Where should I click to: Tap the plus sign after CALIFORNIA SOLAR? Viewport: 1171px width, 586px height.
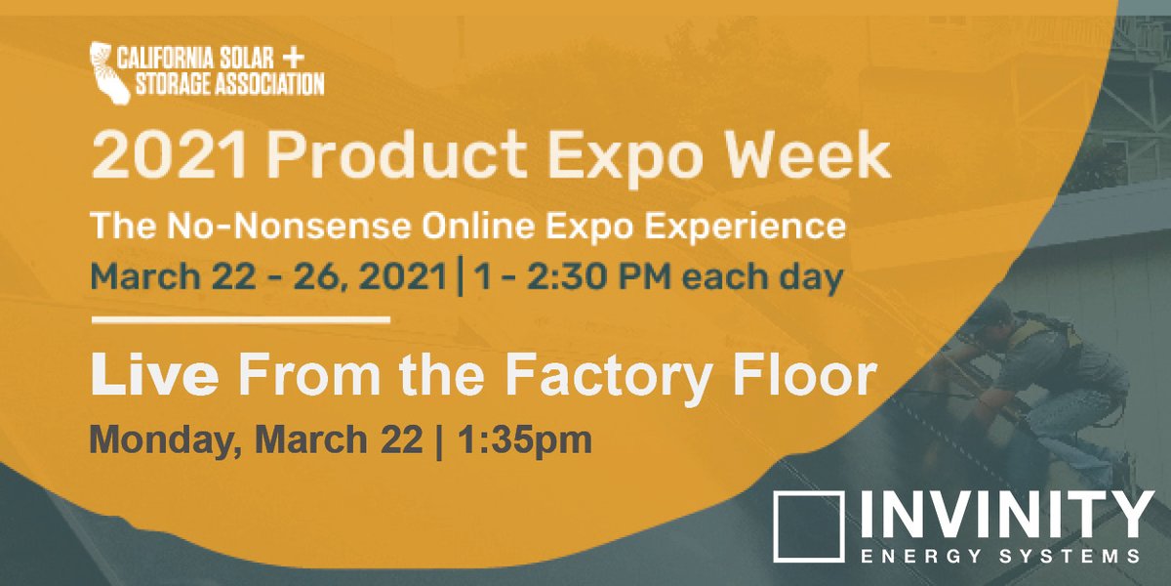tap(310, 55)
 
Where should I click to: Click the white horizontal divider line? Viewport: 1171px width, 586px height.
tap(240, 319)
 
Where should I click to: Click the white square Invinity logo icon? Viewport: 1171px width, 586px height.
tap(808, 527)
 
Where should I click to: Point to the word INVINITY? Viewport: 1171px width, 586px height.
tap(1001, 515)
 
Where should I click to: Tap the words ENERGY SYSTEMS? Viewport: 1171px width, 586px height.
tap(1001, 557)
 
